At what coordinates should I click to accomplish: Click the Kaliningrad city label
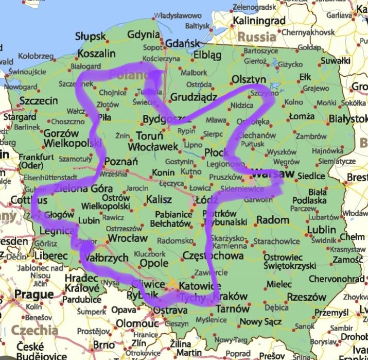[260, 21]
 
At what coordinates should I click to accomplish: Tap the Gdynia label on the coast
[144, 35]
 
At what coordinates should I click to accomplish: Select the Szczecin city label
[38, 101]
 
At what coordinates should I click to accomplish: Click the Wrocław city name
[128, 239]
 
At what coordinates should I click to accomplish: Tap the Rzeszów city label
[307, 297]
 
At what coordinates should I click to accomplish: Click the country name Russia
[257, 37]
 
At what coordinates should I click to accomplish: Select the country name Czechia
[34, 330]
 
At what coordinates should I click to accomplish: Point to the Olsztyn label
[249, 79]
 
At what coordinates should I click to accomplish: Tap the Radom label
[272, 220]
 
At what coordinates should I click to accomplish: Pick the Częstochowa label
[213, 256]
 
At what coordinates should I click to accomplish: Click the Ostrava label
[170, 311]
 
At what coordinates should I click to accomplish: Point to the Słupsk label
[90, 37]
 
